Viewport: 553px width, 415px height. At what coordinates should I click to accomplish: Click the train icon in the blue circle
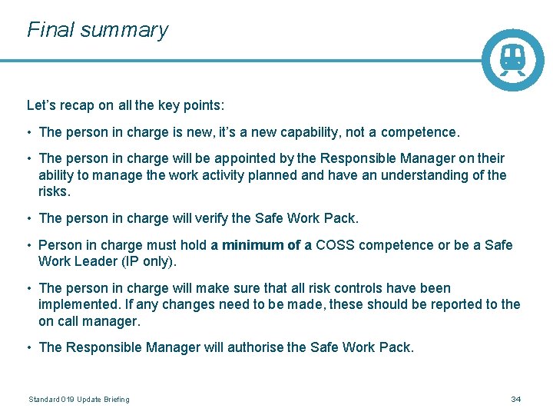pos(512,59)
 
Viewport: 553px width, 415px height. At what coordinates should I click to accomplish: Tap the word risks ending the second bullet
pos(53,192)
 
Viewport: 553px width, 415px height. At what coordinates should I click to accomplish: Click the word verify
pos(214,218)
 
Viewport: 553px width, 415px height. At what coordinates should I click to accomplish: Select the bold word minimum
pos(253,245)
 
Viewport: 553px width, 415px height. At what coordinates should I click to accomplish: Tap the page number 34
pos(516,400)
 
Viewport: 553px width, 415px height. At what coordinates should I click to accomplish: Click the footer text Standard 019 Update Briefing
pos(79,400)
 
